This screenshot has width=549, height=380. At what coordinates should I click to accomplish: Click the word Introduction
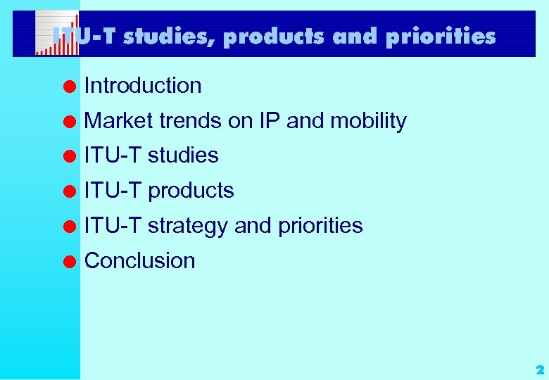pos(143,86)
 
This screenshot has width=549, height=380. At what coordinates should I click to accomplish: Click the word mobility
pos(368,121)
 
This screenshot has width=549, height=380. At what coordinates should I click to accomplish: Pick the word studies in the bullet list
pos(183,156)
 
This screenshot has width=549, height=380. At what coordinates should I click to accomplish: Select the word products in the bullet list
pos(191,191)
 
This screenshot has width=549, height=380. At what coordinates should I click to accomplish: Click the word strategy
pos(188,226)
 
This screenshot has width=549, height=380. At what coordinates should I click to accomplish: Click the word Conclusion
pos(139,260)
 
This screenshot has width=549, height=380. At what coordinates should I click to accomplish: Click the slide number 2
pos(539,369)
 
